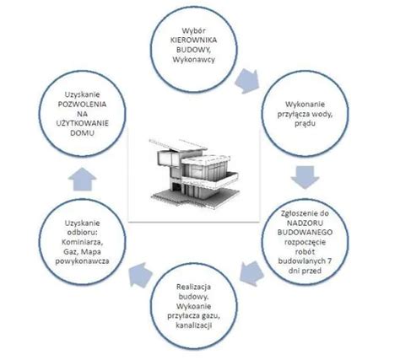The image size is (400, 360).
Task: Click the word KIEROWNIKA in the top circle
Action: (x=193, y=40)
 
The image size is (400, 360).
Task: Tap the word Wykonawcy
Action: (x=193, y=60)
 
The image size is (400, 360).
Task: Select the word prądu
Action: (x=305, y=124)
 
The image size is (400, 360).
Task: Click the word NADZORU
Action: (x=305, y=223)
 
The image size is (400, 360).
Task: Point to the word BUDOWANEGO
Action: (x=305, y=233)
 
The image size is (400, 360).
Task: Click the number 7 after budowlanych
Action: (x=329, y=261)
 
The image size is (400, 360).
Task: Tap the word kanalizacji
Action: (x=194, y=325)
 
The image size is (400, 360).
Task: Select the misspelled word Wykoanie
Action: (x=194, y=306)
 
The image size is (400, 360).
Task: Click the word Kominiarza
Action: (x=83, y=242)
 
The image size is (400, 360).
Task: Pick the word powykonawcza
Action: (x=83, y=261)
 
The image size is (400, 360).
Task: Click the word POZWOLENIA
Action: (x=83, y=105)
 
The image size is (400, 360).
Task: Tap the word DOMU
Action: (x=83, y=133)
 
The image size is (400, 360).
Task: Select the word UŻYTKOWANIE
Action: (x=83, y=123)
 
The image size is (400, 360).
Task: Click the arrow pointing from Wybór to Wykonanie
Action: (x=248, y=81)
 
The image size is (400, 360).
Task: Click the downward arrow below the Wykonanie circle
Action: (x=305, y=177)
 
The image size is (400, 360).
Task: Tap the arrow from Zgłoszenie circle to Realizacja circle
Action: (x=251, y=273)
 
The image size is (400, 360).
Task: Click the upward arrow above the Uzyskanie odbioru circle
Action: (x=83, y=180)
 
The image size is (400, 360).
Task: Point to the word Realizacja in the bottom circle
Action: (x=194, y=287)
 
